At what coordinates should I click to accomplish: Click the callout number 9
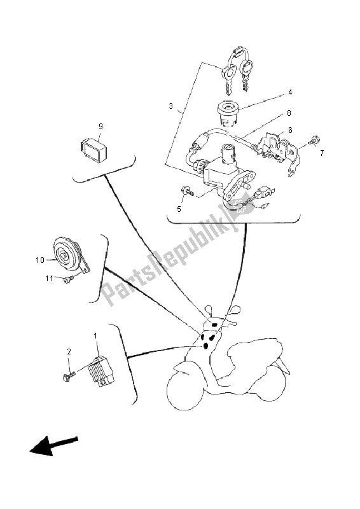pyautogui.click(x=100, y=126)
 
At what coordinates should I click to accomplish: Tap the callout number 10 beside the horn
pyautogui.click(x=40, y=260)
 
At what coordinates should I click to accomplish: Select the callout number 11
pyautogui.click(x=50, y=279)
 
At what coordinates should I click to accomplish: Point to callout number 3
pyautogui.click(x=170, y=106)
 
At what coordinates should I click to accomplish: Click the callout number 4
pyautogui.click(x=290, y=92)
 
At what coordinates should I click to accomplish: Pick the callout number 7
pyautogui.click(x=322, y=153)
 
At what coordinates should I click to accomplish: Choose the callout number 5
pyautogui.click(x=179, y=209)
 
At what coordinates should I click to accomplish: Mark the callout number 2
pyautogui.click(x=69, y=352)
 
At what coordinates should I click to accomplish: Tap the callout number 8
pyautogui.click(x=289, y=113)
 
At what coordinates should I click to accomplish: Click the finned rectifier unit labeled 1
pyautogui.click(x=101, y=371)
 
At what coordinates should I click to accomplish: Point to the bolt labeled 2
pyautogui.click(x=69, y=377)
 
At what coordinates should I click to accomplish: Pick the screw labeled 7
pyautogui.click(x=315, y=141)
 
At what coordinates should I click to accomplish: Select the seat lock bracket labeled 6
pyautogui.click(x=279, y=152)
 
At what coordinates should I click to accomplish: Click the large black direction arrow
pyautogui.click(x=53, y=445)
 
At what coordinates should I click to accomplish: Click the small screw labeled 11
pyautogui.click(x=68, y=279)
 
